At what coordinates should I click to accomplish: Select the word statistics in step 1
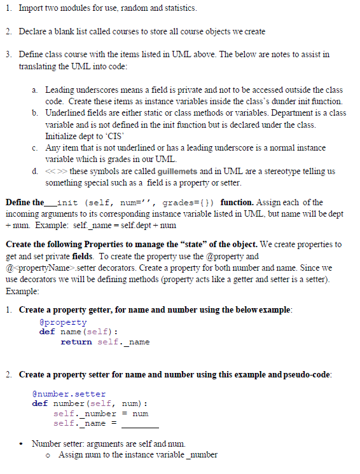179,8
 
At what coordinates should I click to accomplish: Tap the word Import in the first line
32,8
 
